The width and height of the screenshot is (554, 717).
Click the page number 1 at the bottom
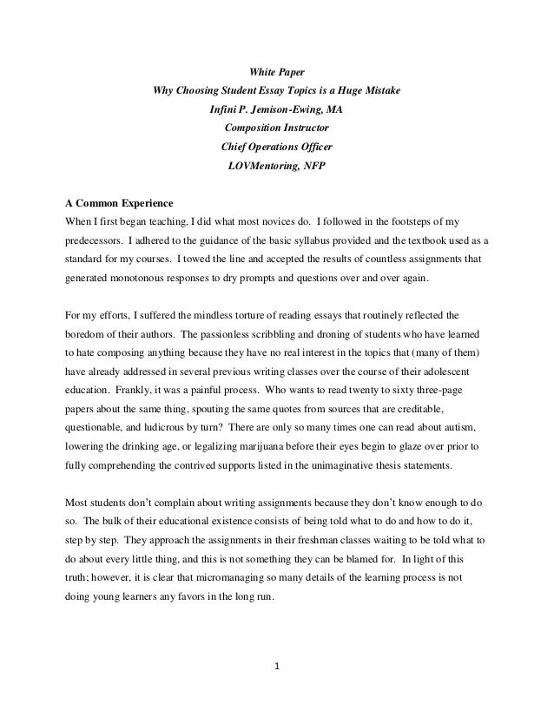click(276, 668)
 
